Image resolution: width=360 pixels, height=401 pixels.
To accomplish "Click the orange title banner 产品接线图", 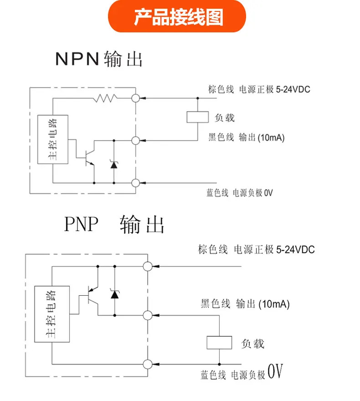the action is (x=177, y=16).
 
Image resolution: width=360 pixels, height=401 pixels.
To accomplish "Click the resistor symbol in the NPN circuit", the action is (x=105, y=98).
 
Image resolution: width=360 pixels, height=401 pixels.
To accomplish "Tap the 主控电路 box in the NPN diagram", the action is (x=53, y=139).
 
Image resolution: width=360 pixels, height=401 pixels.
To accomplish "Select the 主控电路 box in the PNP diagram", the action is (x=52, y=314).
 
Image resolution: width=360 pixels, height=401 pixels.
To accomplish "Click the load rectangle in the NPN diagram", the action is (x=197, y=117).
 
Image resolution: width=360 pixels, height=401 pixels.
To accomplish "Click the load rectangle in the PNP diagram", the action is (x=219, y=343).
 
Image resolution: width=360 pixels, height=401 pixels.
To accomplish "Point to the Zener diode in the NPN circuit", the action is (x=114, y=164).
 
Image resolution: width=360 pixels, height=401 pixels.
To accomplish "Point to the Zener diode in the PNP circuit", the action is (x=114, y=294).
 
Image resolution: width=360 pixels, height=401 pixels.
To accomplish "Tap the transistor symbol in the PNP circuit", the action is (x=92, y=296).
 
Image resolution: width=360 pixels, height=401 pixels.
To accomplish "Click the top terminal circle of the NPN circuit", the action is (x=135, y=98).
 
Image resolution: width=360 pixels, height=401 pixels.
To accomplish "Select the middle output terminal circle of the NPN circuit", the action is (x=135, y=140).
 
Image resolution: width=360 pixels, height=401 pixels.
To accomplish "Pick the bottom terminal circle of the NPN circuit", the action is (x=135, y=183).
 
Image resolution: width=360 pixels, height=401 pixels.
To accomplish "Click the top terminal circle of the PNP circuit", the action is (x=148, y=266).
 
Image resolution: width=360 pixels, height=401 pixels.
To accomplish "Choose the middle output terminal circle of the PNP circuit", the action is (x=148, y=315).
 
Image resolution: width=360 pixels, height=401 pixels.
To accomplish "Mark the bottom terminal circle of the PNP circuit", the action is (x=148, y=364).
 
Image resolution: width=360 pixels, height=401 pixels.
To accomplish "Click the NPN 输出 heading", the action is (x=99, y=59).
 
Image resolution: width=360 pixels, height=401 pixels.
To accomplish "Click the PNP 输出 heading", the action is (x=114, y=224).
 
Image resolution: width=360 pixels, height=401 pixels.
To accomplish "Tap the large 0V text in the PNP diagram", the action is (x=275, y=371).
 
